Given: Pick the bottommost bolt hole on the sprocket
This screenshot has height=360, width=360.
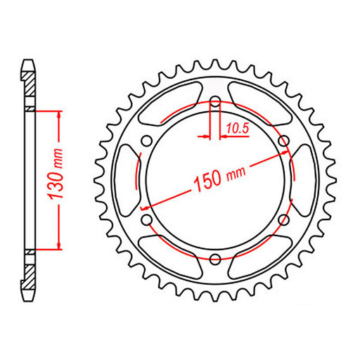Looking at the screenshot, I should coord(214,259).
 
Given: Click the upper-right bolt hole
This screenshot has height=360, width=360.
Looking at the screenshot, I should coord(284,140).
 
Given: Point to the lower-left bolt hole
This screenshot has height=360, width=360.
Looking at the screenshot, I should coord(146,220).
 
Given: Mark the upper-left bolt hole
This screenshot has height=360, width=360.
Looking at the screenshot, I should coord(146,140).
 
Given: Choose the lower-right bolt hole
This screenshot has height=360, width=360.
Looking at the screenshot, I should coord(284,220).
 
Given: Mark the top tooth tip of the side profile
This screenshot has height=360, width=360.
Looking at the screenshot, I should coord(29,60).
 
